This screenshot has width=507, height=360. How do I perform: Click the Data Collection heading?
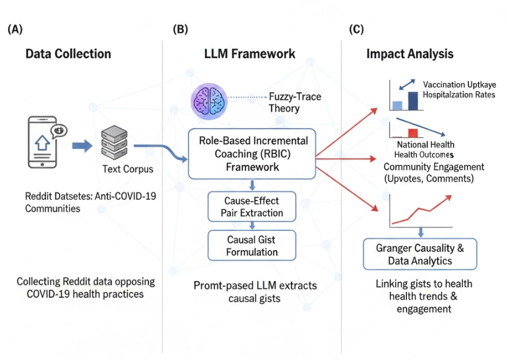[x=68, y=54]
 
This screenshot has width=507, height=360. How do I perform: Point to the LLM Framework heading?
[x=250, y=54]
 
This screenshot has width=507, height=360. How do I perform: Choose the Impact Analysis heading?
[x=410, y=54]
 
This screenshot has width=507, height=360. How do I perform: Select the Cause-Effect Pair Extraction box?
[x=252, y=206]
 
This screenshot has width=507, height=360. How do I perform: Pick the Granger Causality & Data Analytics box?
[x=419, y=254]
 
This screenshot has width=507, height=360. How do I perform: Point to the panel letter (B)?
[x=179, y=30]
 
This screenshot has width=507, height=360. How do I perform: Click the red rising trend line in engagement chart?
[x=424, y=209]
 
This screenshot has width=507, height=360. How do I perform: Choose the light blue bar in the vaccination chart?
[x=397, y=105]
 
